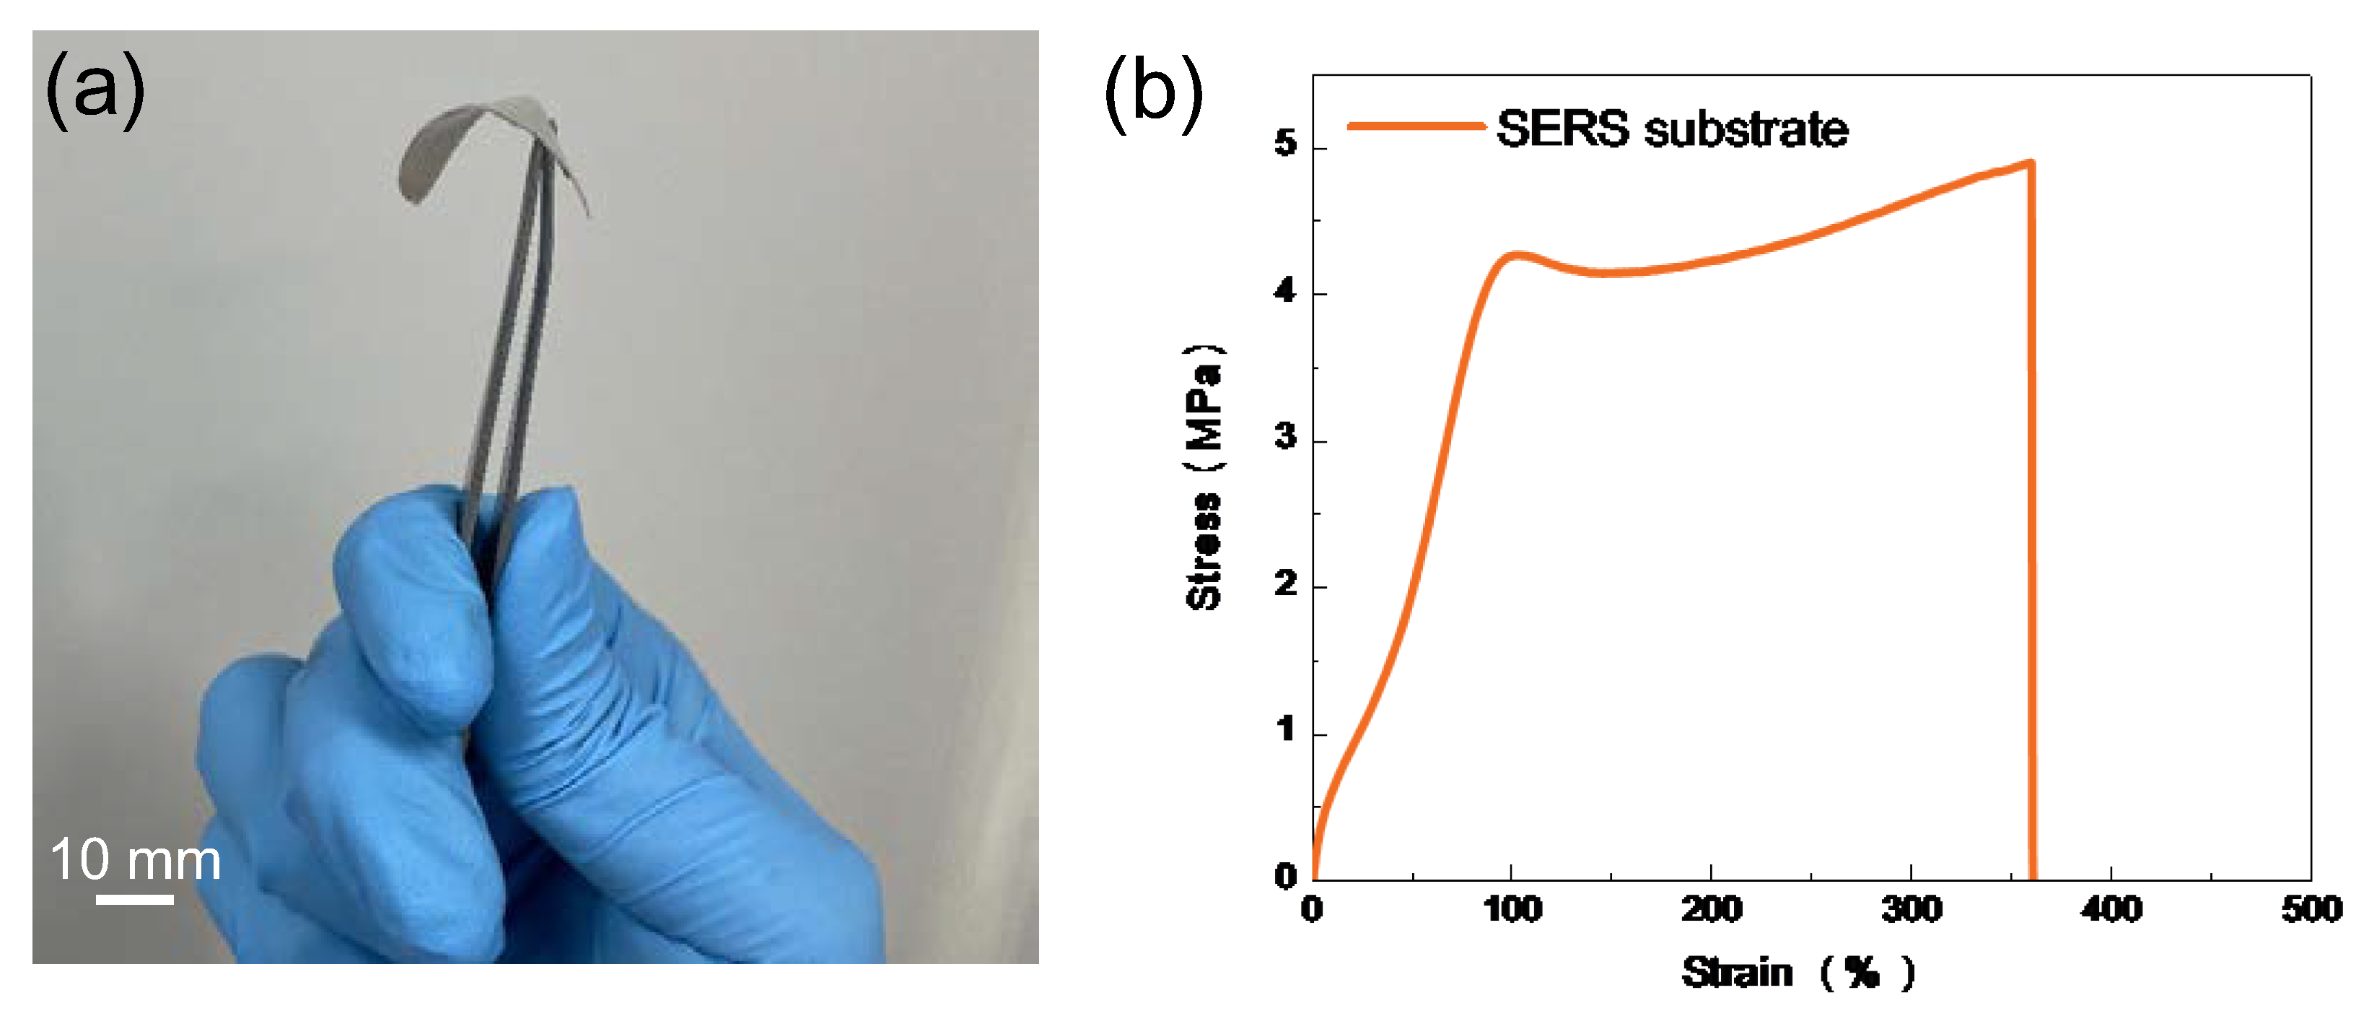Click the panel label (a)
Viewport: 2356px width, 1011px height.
[x=95, y=90]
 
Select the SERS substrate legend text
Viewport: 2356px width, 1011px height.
[x=1672, y=128]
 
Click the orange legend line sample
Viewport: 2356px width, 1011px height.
[x=1415, y=126]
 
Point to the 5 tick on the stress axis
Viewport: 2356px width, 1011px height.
[x=1286, y=144]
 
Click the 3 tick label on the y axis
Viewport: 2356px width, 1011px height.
[x=1286, y=438]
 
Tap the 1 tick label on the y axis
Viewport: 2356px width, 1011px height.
[x=1286, y=730]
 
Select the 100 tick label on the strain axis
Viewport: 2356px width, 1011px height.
[x=1512, y=909]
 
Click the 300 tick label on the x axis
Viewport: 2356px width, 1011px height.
[x=1911, y=909]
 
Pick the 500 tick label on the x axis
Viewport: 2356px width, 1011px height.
[x=2311, y=909]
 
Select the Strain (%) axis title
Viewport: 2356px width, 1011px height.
[x=1797, y=972]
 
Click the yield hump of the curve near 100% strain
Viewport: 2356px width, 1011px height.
[x=1516, y=255]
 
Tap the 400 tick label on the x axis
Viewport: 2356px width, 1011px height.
[x=2111, y=909]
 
